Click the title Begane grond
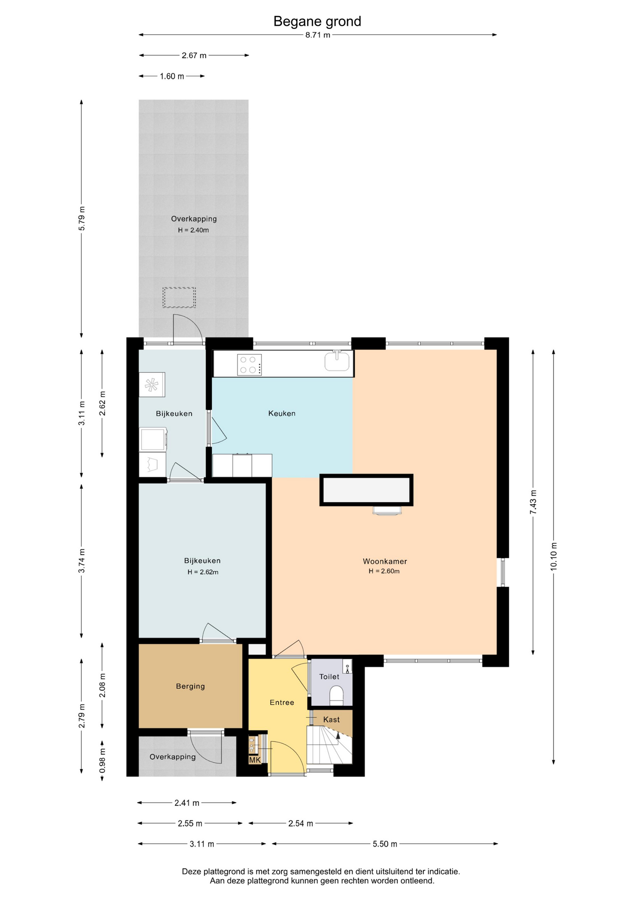tap(317, 21)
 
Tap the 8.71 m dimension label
tap(318, 35)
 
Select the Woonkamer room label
tap(385, 561)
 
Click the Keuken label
tap(282, 413)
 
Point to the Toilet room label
tap(329, 676)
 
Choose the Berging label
tap(190, 686)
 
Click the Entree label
tap(282, 703)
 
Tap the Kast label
tap(332, 719)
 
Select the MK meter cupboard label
tap(255, 760)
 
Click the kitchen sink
tap(337, 361)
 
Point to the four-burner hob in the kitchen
tap(249, 365)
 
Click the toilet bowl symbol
tap(337, 695)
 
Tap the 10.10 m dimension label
tap(554, 556)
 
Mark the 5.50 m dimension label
tap(385, 844)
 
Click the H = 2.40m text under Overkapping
tap(193, 230)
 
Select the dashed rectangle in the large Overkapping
tap(179, 298)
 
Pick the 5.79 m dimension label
tap(82, 218)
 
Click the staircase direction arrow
tap(338, 735)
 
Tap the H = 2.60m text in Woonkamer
tap(384, 571)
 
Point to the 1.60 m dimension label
tap(172, 76)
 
